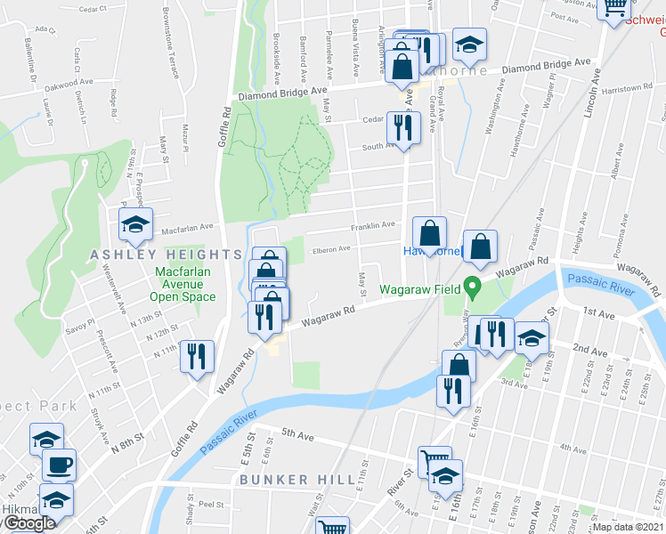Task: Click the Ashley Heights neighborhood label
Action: point(153,255)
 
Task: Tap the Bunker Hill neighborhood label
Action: point(286,480)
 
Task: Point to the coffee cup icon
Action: point(60,465)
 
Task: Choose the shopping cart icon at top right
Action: point(614,8)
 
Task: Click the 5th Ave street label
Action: point(298,434)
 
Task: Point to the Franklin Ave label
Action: point(372,226)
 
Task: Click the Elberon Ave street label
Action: point(331,250)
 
